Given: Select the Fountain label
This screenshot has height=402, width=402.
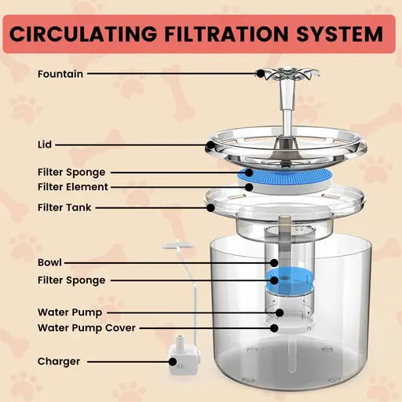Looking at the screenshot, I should tap(60, 74).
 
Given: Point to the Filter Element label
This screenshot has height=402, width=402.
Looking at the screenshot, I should tap(72, 187).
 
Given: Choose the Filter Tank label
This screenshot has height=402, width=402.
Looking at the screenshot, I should tap(64, 207).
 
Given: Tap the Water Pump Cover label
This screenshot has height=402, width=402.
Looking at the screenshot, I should tap(86, 327).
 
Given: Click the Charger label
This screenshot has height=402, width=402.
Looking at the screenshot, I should tap(58, 362).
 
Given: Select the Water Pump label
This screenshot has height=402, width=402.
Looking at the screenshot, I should tap(69, 312).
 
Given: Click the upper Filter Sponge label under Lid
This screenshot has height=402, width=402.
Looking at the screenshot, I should tap(71, 171).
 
